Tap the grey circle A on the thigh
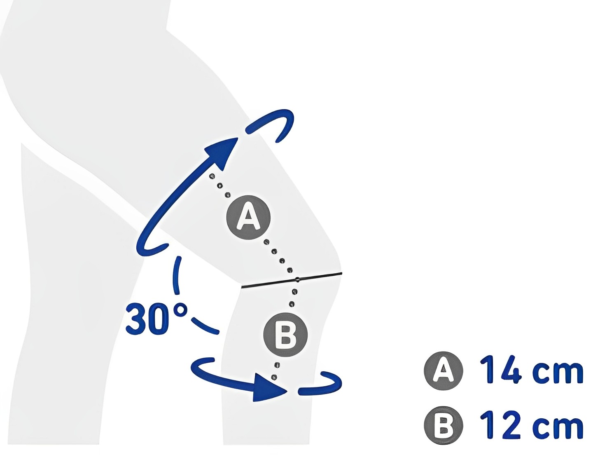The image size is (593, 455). [x=248, y=218]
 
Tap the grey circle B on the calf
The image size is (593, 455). [x=285, y=335]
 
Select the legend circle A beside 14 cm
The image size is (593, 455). [x=444, y=371]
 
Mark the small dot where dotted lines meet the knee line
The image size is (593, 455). [x=297, y=279]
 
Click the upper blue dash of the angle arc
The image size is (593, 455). [x=176, y=275]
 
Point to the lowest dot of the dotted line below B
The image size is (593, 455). [x=274, y=378]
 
